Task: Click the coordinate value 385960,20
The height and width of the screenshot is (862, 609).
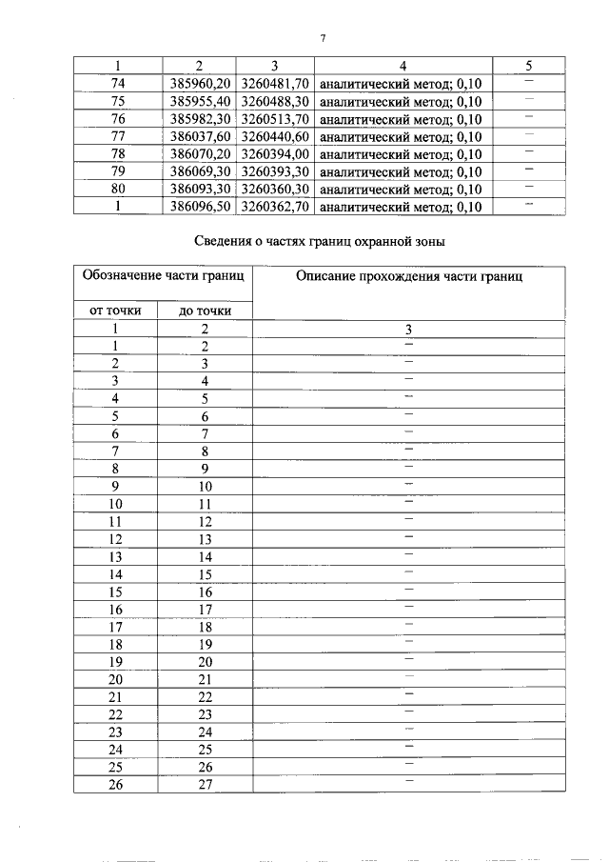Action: [200, 84]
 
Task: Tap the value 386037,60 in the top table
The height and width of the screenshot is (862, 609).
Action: [200, 136]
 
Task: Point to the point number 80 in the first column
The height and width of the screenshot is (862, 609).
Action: [118, 189]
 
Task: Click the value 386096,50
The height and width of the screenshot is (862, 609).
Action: [200, 206]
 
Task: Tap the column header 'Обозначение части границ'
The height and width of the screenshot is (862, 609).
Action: [164, 276]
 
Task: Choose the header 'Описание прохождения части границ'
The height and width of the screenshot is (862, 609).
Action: [409, 276]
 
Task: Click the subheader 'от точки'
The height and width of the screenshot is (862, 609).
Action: [115, 311]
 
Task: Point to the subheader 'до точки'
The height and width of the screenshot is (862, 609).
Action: [204, 311]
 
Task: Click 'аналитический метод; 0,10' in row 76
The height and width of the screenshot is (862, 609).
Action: [401, 119]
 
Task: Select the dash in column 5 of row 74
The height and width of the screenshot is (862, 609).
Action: [529, 82]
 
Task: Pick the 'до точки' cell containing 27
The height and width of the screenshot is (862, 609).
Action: [204, 785]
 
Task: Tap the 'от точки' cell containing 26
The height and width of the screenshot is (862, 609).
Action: [115, 785]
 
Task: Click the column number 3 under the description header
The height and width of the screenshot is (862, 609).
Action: [409, 329]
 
